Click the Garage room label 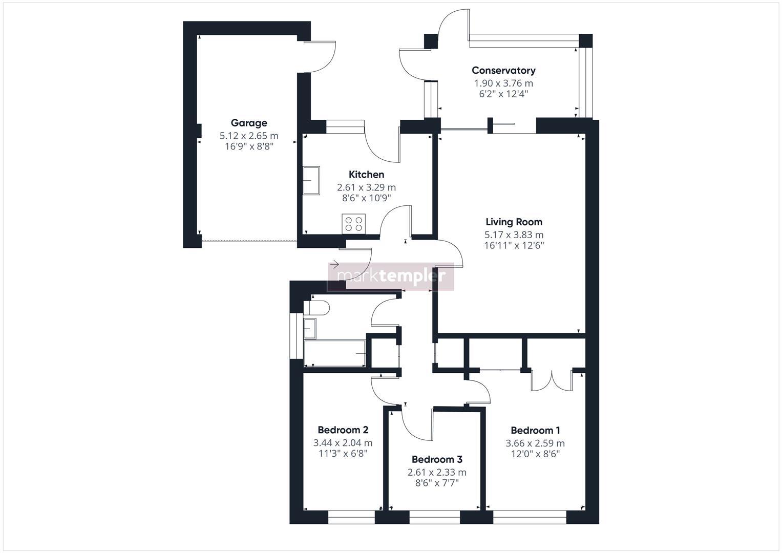(249, 123)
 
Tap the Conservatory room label (503, 71)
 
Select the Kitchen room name (366, 175)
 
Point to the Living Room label (514, 222)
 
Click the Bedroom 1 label (535, 431)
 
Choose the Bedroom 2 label (343, 430)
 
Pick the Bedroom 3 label (437, 459)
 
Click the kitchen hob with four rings (353, 224)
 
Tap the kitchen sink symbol (311, 181)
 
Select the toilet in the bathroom (316, 308)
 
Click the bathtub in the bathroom (334, 353)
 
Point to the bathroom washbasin (310, 328)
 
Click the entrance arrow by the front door (334, 264)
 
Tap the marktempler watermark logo (391, 276)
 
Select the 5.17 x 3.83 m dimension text (514, 235)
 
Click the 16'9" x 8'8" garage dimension (249, 146)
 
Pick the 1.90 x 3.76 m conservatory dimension (503, 83)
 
